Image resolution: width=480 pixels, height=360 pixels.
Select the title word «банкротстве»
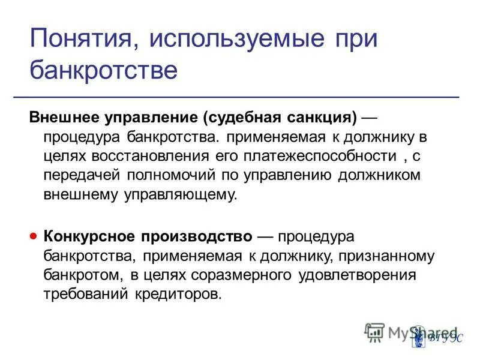[104, 70]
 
